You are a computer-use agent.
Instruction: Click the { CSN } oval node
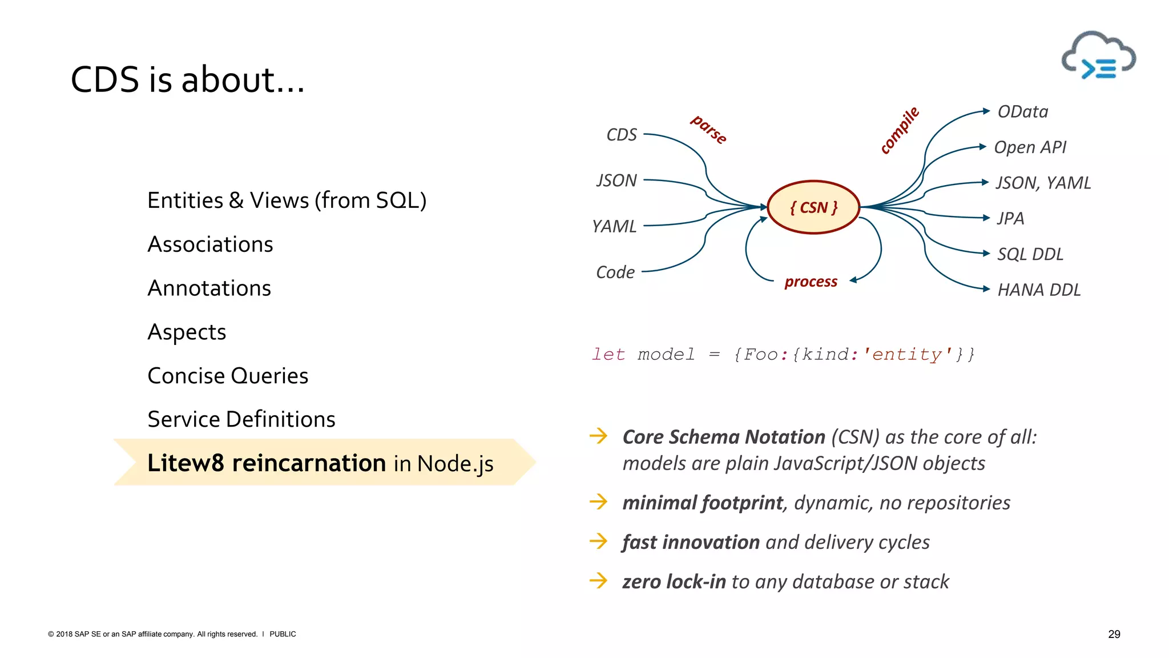(813, 207)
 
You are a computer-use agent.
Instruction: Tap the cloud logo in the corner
(1098, 57)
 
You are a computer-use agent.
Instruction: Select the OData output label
(1022, 112)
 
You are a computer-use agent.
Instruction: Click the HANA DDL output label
(1039, 290)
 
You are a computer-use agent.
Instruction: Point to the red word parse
(708, 130)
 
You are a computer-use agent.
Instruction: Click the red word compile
(900, 130)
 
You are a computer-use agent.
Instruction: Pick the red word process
(811, 282)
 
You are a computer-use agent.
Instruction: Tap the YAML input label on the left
(614, 227)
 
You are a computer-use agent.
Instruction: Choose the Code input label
(615, 272)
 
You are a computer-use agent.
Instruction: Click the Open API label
(1030, 147)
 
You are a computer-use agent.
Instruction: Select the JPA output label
(1010, 219)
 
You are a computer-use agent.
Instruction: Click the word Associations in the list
(210, 244)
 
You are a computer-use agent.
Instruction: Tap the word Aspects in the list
(187, 332)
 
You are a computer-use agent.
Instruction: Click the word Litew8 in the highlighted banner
(186, 463)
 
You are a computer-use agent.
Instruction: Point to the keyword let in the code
(608, 355)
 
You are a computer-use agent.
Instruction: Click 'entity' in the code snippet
(908, 355)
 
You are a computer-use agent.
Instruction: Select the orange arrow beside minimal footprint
(598, 502)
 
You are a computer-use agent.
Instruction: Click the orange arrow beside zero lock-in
(598, 581)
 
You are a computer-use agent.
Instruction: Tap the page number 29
(1114, 634)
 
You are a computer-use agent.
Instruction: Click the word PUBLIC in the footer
(283, 634)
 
